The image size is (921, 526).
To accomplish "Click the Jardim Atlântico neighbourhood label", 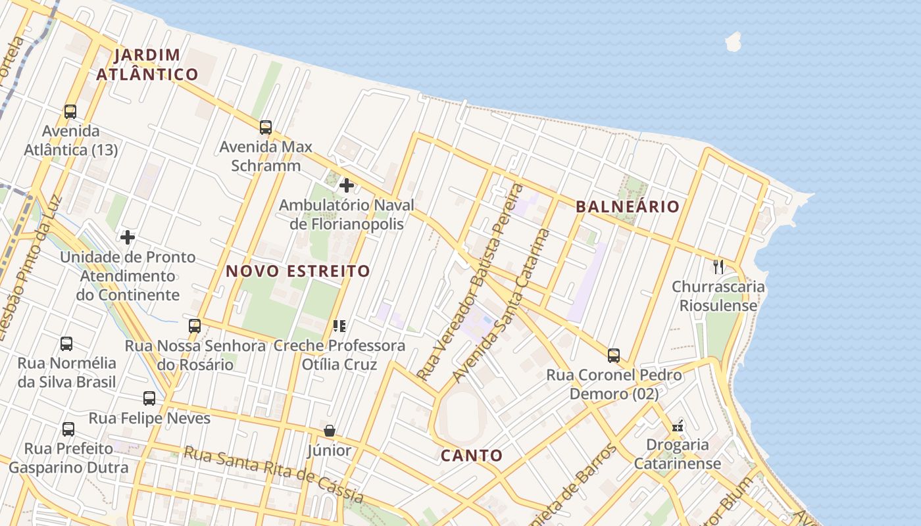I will click(x=147, y=64).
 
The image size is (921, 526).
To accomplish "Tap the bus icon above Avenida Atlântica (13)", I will click(x=70, y=112).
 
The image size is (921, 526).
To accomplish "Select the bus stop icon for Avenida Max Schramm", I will click(x=266, y=127).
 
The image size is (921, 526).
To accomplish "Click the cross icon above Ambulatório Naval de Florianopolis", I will click(x=347, y=185).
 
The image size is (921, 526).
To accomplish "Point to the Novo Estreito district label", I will click(x=298, y=271).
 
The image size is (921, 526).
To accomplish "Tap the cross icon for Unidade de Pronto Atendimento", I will click(x=128, y=237).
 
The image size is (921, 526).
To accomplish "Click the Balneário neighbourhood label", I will click(x=627, y=206).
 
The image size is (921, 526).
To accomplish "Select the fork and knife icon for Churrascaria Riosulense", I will click(x=718, y=266).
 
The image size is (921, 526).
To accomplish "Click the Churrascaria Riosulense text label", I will click(x=718, y=296).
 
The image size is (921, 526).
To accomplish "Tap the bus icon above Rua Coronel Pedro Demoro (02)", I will click(x=614, y=356).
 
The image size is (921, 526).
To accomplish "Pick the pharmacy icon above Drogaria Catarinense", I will click(x=678, y=426).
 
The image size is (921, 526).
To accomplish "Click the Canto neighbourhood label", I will click(x=472, y=455).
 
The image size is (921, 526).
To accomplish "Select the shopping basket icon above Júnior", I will click(x=330, y=431).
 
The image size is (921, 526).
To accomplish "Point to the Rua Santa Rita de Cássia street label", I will click(x=273, y=473).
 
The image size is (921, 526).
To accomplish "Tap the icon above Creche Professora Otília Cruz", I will click(x=339, y=325).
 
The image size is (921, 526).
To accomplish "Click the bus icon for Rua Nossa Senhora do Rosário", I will click(x=195, y=325).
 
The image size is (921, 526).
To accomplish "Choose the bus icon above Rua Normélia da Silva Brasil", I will click(x=66, y=343).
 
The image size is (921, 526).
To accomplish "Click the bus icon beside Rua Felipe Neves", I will click(x=149, y=398).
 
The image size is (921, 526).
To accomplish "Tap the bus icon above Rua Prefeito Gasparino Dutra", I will click(x=68, y=429).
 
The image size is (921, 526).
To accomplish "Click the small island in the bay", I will click(x=732, y=41).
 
